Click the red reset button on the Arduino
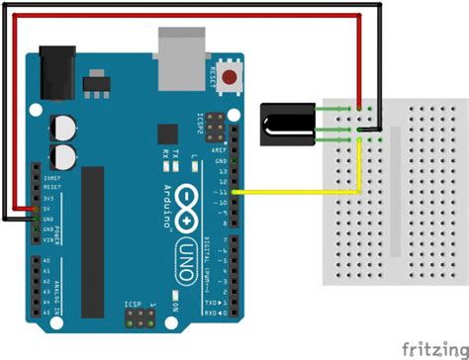click(x=231, y=77)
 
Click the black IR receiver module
click(x=288, y=124)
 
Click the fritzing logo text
click(x=428, y=347)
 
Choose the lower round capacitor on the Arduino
click(x=65, y=155)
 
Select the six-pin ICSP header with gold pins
click(x=135, y=318)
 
